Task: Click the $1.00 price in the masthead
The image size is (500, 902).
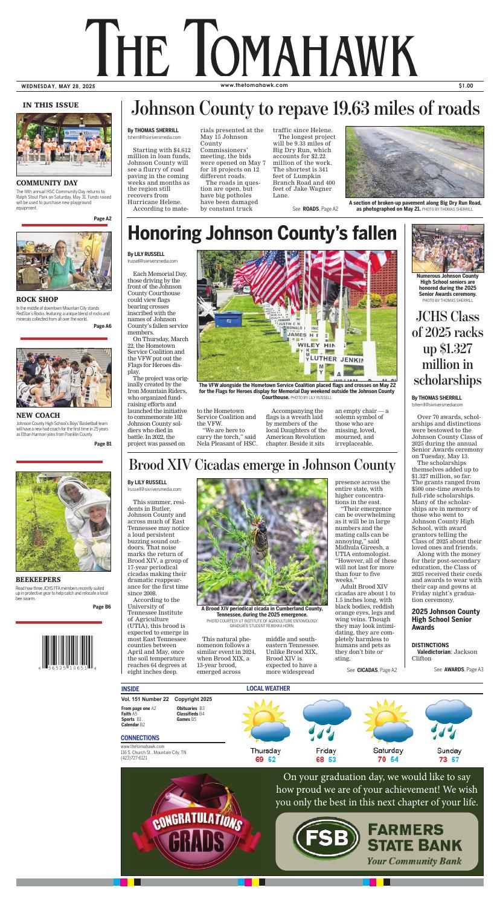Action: coord(465,86)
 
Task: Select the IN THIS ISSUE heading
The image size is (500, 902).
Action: coord(51,105)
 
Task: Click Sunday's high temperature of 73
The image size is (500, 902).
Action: coord(443,759)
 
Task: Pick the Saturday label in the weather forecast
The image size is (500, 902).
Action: coord(388,750)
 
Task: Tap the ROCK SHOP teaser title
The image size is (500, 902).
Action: coord(37,298)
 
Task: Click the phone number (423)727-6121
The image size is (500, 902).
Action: coord(133,758)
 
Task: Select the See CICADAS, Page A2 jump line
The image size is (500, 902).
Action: coord(371,670)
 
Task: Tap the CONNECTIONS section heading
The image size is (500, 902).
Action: coord(140,738)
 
